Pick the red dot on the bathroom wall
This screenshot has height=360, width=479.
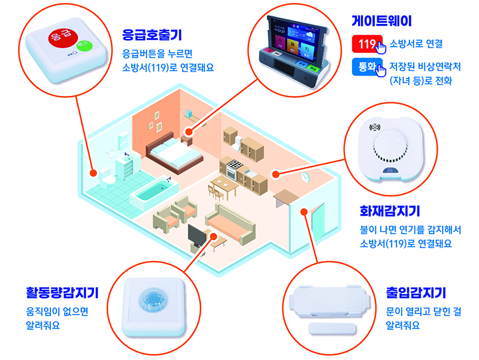point(93,173)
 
